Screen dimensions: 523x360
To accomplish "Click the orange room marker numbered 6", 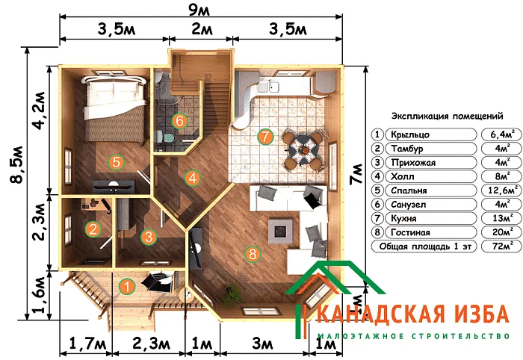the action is pyautogui.click(x=179, y=121).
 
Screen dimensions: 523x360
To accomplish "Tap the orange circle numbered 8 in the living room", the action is pyautogui.click(x=253, y=254).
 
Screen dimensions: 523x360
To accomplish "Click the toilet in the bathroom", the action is pyautogui.click(x=165, y=137).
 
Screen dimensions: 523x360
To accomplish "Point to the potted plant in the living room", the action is pyautogui.click(x=230, y=293).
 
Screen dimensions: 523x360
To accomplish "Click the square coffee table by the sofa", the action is pyautogui.click(x=280, y=230).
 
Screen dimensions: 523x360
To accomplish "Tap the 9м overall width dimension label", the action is pyautogui.click(x=199, y=10).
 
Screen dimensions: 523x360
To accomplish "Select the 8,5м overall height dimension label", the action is pyautogui.click(x=16, y=164).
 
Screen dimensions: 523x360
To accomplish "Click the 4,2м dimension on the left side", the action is pyautogui.click(x=38, y=110).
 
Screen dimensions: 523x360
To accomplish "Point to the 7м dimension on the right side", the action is pyautogui.click(x=356, y=173).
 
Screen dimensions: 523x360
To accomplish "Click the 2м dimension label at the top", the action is pyautogui.click(x=202, y=29).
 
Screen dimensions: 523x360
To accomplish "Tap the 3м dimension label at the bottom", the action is pyautogui.click(x=263, y=344).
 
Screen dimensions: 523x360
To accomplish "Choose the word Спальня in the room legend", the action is pyautogui.click(x=409, y=190).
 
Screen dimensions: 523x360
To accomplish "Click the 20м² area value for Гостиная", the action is pyautogui.click(x=502, y=232).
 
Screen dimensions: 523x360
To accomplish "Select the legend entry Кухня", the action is pyautogui.click(x=403, y=218).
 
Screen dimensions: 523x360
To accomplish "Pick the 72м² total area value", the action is pyautogui.click(x=502, y=246).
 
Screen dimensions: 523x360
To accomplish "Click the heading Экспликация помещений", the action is pyautogui.click(x=447, y=117).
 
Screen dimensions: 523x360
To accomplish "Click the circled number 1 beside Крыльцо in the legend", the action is pyautogui.click(x=377, y=134).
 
